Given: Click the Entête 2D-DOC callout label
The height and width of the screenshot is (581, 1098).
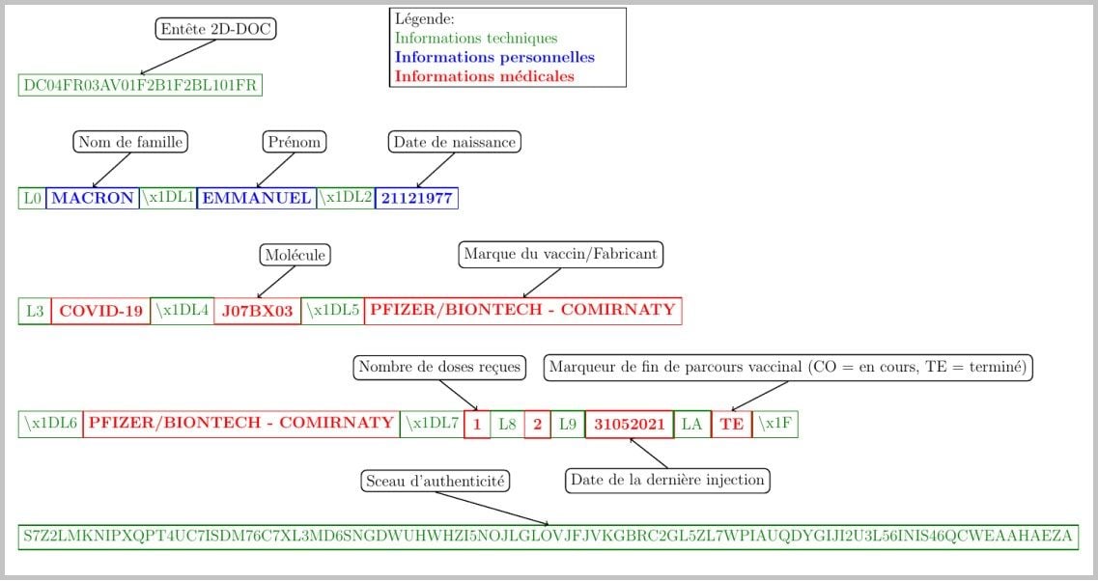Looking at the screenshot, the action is (x=215, y=29).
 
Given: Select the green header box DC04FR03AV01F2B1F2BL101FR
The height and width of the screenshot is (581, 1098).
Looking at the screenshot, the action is (x=140, y=85).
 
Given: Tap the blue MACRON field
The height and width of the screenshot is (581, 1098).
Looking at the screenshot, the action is (x=93, y=198).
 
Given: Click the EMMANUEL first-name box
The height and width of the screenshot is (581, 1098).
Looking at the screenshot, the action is (x=256, y=198).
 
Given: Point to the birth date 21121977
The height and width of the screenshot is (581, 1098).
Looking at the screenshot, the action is (x=416, y=198).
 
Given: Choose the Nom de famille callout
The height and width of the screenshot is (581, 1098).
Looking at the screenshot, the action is (x=131, y=142).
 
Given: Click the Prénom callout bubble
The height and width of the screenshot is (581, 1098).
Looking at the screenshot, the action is (x=295, y=142).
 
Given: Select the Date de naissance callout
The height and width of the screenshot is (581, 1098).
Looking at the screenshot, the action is (x=455, y=142).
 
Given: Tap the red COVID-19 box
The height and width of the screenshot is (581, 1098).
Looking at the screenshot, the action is (x=100, y=311).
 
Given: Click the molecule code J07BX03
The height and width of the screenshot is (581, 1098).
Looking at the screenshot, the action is (x=257, y=311).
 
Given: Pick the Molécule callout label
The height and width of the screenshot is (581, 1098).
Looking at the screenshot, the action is (x=295, y=255).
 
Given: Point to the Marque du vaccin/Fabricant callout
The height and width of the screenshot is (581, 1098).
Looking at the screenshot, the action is (x=561, y=254).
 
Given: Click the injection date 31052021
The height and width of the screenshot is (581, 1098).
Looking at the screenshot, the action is (x=630, y=425).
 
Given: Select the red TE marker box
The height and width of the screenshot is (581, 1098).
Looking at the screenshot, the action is (x=732, y=425).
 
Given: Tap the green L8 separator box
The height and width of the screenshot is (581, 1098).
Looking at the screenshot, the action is (x=507, y=425).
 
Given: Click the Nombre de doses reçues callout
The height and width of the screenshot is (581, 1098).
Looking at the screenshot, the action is (x=439, y=367).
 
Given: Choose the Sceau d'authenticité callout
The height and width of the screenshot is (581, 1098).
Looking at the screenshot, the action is (x=436, y=481).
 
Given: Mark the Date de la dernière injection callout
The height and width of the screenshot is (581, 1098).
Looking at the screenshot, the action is (x=667, y=481).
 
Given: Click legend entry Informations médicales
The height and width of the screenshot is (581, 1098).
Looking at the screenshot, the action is (x=485, y=76).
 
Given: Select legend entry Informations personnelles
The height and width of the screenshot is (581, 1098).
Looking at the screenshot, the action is (x=495, y=57).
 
